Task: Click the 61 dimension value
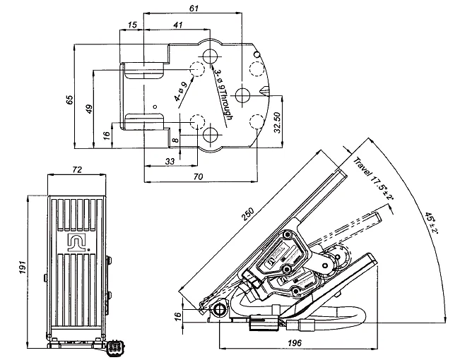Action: click(x=194, y=8)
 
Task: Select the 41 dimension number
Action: click(x=178, y=25)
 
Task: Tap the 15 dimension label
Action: click(x=133, y=25)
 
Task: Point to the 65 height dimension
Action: click(x=69, y=100)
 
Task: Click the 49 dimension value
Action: click(x=89, y=109)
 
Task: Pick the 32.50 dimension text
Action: click(x=277, y=123)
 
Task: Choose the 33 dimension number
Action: click(x=170, y=161)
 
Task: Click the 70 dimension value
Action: click(x=199, y=176)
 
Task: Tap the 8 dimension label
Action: click(x=175, y=140)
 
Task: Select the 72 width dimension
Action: click(x=77, y=169)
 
